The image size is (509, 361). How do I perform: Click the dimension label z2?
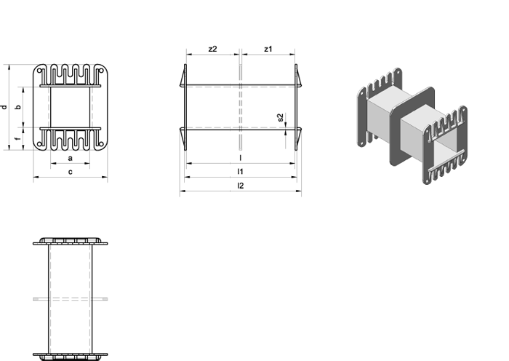point(212,49)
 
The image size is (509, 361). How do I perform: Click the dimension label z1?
point(268,49)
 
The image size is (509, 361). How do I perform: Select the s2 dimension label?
point(281,117)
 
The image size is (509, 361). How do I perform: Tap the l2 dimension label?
point(240,186)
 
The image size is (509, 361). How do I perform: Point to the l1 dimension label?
point(240,172)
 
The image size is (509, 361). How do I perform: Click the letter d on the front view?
point(4,107)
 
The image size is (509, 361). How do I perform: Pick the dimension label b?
point(18,107)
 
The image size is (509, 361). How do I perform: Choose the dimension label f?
point(18,139)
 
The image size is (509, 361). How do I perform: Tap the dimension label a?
point(70,159)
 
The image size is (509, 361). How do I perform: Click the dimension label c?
point(71,172)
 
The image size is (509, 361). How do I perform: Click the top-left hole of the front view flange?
point(39,71)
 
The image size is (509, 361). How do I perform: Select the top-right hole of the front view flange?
point(100,71)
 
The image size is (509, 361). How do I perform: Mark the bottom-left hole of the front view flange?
point(39,144)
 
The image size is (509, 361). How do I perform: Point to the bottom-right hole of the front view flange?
point(100,144)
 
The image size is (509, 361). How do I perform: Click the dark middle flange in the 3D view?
point(412,126)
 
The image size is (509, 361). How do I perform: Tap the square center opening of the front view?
point(70,107)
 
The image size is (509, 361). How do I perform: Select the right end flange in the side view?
point(296,107)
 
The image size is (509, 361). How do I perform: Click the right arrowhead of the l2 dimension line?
point(299,191)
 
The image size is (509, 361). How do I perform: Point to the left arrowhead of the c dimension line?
point(36,177)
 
